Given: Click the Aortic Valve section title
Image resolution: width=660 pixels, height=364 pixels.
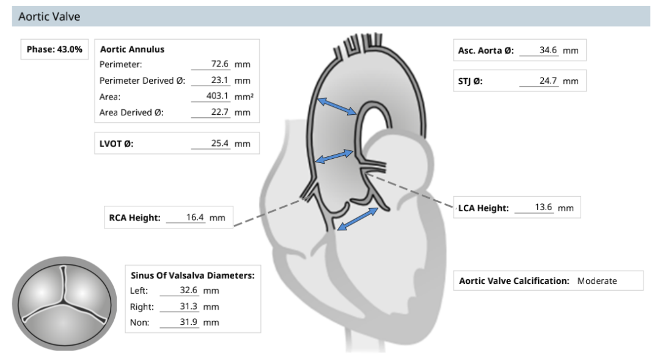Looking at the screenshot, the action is coord(50,16).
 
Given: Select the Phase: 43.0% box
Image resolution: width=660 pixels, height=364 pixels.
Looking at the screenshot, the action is coord(54,49).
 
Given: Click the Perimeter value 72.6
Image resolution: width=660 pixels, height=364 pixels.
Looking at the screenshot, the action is coord(220,64).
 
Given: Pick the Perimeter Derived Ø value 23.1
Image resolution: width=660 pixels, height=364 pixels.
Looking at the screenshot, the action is coord(220,80).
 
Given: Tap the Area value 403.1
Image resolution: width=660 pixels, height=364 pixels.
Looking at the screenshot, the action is coord(217,96).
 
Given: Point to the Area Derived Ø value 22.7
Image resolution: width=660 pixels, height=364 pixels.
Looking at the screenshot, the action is coord(220,112).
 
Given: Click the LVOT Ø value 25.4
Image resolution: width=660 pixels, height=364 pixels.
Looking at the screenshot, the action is coord(220,143).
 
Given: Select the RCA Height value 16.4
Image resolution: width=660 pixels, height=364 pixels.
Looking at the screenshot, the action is coord(195,217).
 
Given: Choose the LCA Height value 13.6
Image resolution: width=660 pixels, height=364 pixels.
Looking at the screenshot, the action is coord(543,207).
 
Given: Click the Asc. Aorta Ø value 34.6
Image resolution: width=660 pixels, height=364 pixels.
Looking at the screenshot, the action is coord(548,50).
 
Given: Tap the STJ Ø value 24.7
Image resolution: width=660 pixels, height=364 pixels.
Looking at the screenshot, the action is coord(548,81).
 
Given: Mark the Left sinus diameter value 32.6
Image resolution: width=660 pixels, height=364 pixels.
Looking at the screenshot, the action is coord(189,290).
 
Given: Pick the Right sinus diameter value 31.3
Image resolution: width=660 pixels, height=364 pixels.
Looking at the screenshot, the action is coord(189,307).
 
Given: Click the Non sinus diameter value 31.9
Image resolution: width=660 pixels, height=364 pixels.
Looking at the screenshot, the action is coord(189,322).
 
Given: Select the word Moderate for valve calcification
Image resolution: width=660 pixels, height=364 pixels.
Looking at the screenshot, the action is coord(597,281).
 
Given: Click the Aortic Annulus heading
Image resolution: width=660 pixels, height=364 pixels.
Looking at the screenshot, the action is coord(132,49).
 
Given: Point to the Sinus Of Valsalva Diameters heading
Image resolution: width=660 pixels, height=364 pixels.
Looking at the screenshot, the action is coord(193,275).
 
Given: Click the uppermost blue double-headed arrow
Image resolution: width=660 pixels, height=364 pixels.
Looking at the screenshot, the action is coord(337,106).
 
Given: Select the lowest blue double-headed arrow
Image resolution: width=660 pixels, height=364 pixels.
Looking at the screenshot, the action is coord(358,219).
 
